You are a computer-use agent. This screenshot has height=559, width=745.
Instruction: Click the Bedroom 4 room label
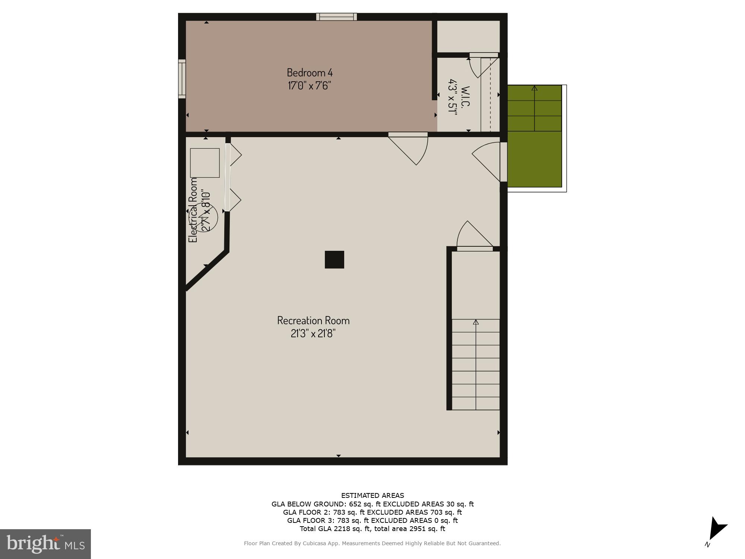point(310,72)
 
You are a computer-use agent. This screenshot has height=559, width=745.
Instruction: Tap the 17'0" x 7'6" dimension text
point(309,86)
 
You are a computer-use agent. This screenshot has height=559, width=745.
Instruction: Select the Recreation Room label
point(313,320)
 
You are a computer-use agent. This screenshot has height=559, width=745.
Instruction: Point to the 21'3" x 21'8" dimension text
point(313,333)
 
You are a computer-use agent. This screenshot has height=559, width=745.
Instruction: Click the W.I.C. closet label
point(465,97)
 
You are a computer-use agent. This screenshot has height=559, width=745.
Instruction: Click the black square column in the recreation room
point(334,260)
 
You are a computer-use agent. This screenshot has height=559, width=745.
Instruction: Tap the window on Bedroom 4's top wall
point(336,17)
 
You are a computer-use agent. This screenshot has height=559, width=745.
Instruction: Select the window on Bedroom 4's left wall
point(182,79)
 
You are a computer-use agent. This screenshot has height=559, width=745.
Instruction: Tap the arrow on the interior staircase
point(476,322)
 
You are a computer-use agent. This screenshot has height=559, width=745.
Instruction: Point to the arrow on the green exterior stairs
point(535,88)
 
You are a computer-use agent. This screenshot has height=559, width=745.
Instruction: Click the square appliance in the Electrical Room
point(205,163)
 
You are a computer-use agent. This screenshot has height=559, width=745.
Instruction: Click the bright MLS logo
point(45,544)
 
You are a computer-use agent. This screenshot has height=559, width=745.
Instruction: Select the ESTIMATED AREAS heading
point(372,496)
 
